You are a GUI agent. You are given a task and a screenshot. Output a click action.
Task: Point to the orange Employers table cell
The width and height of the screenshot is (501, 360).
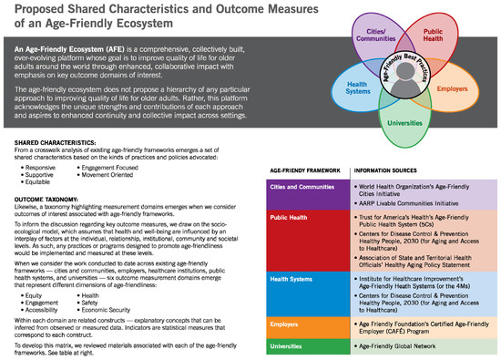289,323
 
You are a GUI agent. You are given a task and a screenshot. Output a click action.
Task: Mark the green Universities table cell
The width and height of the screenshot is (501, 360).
291,347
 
